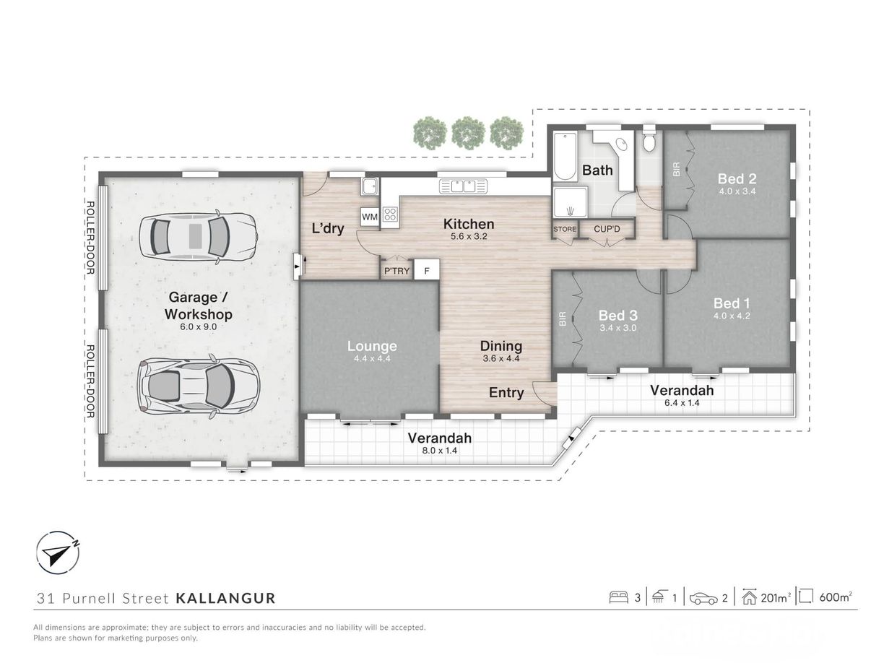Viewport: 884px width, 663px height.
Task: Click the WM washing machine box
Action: [x=369, y=217]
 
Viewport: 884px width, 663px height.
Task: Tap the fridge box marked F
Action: [x=427, y=271]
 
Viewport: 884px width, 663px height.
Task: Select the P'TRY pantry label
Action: [x=396, y=271]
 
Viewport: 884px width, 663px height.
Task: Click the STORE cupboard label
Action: [x=565, y=229]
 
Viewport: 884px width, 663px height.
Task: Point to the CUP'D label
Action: [x=607, y=229]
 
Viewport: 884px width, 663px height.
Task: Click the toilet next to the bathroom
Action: [x=649, y=139]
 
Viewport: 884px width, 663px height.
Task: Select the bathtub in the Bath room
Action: [x=565, y=156]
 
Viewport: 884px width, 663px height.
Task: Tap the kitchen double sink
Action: [x=463, y=186]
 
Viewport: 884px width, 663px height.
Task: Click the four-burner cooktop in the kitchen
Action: [x=390, y=214]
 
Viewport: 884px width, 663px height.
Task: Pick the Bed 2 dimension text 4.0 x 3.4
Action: [x=737, y=191]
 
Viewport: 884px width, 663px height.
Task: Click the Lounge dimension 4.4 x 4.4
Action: [x=372, y=358]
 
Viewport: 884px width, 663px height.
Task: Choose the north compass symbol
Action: [x=58, y=552]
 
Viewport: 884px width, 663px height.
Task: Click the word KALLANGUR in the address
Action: [x=225, y=598]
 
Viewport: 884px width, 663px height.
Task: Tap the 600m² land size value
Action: [x=836, y=597]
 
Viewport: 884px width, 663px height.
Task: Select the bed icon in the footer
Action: [x=619, y=597]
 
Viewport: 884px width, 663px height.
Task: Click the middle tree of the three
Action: [x=468, y=132]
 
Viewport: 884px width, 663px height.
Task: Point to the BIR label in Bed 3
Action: [x=563, y=318]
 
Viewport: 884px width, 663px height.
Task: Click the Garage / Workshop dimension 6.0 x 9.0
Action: [x=198, y=327]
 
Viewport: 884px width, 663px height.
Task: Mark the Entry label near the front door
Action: [x=506, y=392]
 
